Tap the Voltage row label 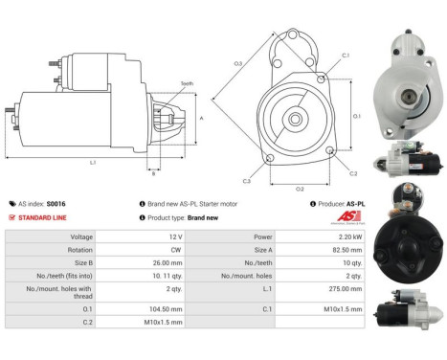click(81, 236)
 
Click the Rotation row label click(81, 249)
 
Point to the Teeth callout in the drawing click(187, 84)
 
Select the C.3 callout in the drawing click(246, 181)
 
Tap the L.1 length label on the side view click(93, 163)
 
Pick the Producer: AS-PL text click(344, 204)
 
